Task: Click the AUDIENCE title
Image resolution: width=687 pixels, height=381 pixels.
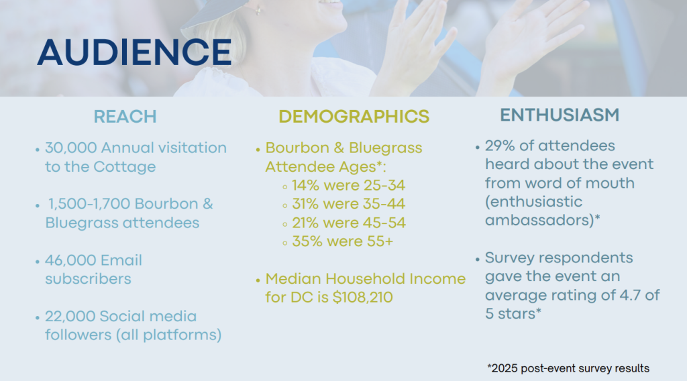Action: pyautogui.click(x=134, y=52)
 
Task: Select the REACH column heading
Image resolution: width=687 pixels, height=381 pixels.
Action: pyautogui.click(x=125, y=117)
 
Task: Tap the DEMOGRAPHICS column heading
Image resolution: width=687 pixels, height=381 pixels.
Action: pyautogui.click(x=354, y=117)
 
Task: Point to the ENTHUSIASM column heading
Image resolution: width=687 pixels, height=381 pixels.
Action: pyautogui.click(x=560, y=115)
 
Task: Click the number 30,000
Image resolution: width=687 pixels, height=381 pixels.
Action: pyautogui.click(x=71, y=148)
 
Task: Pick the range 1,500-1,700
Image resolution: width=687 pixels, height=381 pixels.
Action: pyautogui.click(x=89, y=204)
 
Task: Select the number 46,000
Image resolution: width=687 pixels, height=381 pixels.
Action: pyautogui.click(x=70, y=260)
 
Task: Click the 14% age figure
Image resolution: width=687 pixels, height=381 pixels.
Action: pyautogui.click(x=306, y=185)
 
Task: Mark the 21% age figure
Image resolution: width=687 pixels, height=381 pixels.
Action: pyautogui.click(x=305, y=223)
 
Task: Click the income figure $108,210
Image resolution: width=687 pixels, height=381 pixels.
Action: pyautogui.click(x=363, y=297)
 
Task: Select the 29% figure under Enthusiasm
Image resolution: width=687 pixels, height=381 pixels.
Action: pyautogui.click(x=499, y=146)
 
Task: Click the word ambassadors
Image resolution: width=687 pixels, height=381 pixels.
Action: pyautogui.click(x=539, y=220)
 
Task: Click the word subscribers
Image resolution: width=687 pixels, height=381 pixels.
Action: pyautogui.click(x=88, y=279)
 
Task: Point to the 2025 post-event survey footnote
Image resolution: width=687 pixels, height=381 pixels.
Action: pyautogui.click(x=568, y=368)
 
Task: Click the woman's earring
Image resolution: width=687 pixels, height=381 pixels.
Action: pyautogui.click(x=258, y=9)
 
